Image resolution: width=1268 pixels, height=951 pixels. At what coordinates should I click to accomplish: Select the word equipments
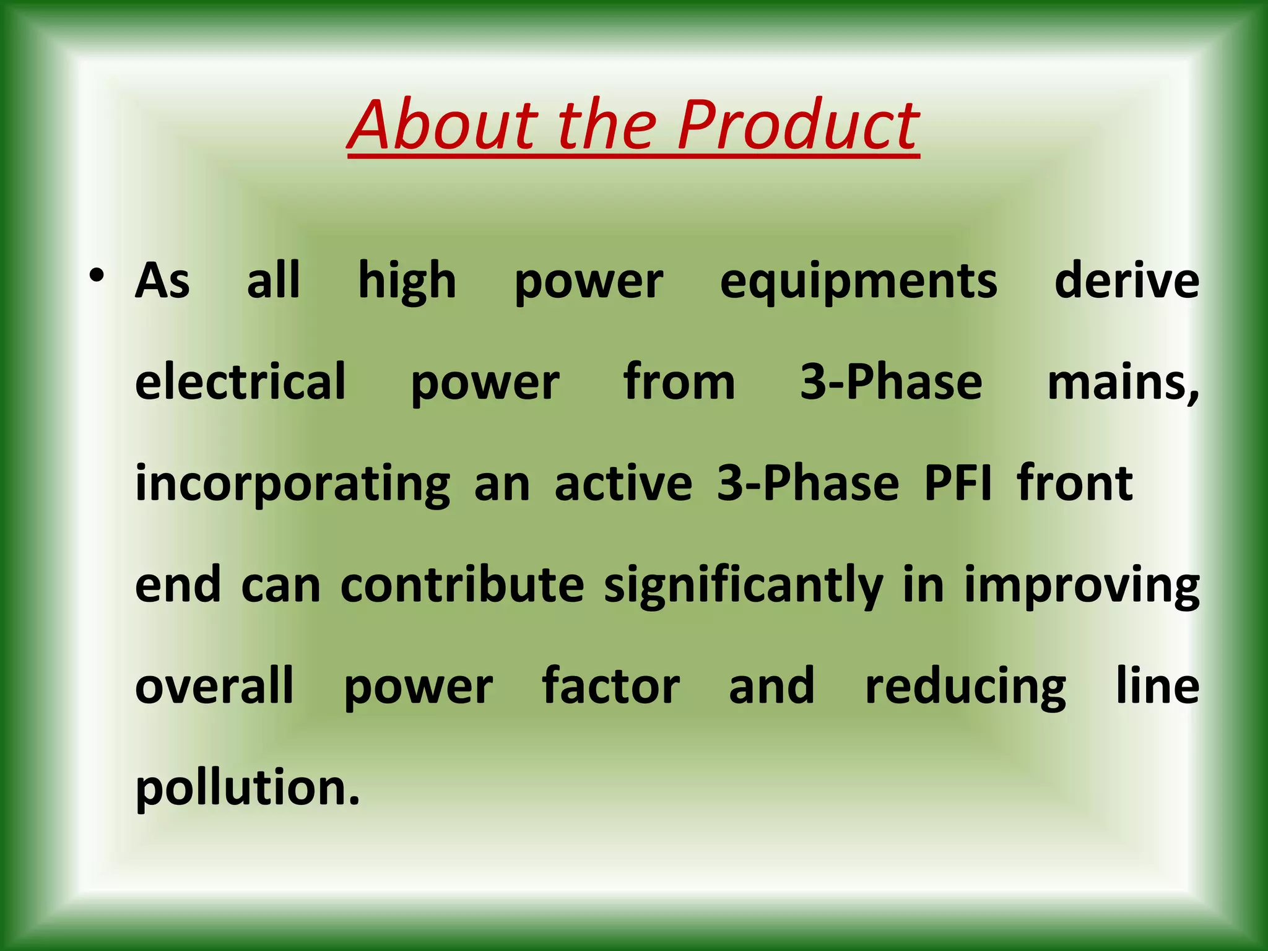pos(858,282)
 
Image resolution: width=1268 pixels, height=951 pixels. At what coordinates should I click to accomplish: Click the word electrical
pos(240,381)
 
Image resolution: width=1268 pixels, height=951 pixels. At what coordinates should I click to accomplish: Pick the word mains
pos(1123,383)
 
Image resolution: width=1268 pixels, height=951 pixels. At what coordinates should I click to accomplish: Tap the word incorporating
pos(293,485)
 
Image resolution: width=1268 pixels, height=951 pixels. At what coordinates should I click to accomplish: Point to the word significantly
pos(743,586)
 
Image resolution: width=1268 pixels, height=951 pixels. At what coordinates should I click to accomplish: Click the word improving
pos(1082,586)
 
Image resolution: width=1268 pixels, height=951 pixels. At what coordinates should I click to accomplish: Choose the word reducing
pos(965,687)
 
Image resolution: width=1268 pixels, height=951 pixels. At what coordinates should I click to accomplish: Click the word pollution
pos(247,788)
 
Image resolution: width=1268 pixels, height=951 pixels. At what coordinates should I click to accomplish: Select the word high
pos(407,282)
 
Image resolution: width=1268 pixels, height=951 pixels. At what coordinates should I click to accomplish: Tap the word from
pos(679,381)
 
